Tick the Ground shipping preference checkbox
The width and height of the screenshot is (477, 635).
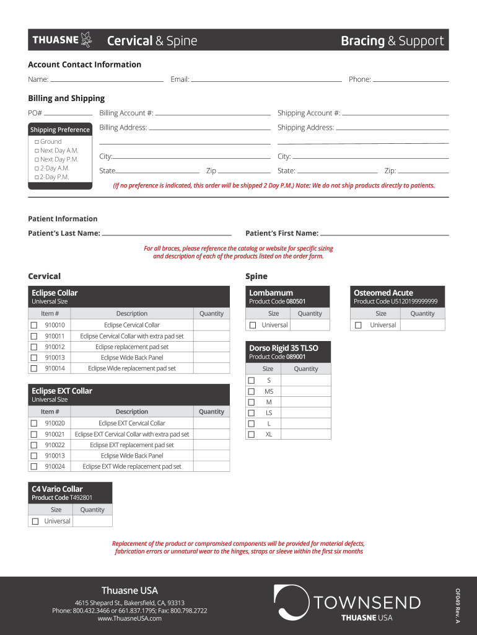click(x=37, y=142)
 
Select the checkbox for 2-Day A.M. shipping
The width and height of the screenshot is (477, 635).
click(x=37, y=168)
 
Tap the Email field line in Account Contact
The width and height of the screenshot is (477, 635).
click(x=266, y=81)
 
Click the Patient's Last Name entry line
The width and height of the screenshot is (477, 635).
click(x=166, y=236)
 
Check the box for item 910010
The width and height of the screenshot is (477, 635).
click(x=34, y=325)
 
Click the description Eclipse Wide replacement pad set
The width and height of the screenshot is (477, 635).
click(x=132, y=368)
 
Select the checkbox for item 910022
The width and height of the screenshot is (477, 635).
click(x=34, y=445)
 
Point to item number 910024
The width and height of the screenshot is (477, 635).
click(x=55, y=466)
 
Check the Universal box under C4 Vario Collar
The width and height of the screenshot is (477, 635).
click(x=35, y=522)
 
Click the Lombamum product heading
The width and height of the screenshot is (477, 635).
click(x=271, y=293)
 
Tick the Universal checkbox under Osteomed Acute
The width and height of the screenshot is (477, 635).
click(x=357, y=326)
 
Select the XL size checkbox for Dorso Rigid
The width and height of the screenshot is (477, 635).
click(x=251, y=435)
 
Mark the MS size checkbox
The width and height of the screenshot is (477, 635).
click(x=251, y=392)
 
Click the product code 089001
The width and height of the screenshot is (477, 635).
click(x=295, y=357)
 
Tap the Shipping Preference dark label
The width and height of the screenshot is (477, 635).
click(x=60, y=130)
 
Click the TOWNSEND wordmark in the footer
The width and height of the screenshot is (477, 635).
click(x=367, y=603)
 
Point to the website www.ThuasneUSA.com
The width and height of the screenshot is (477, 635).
click(x=129, y=618)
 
